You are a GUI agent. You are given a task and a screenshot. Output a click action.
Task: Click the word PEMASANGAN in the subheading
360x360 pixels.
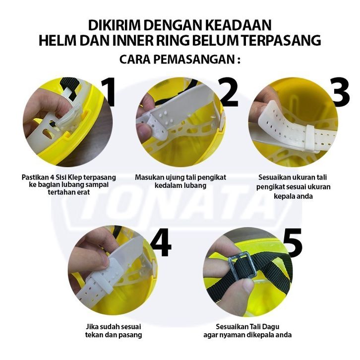click(193, 60)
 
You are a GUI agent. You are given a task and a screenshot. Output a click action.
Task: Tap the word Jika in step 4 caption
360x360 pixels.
click(92, 326)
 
